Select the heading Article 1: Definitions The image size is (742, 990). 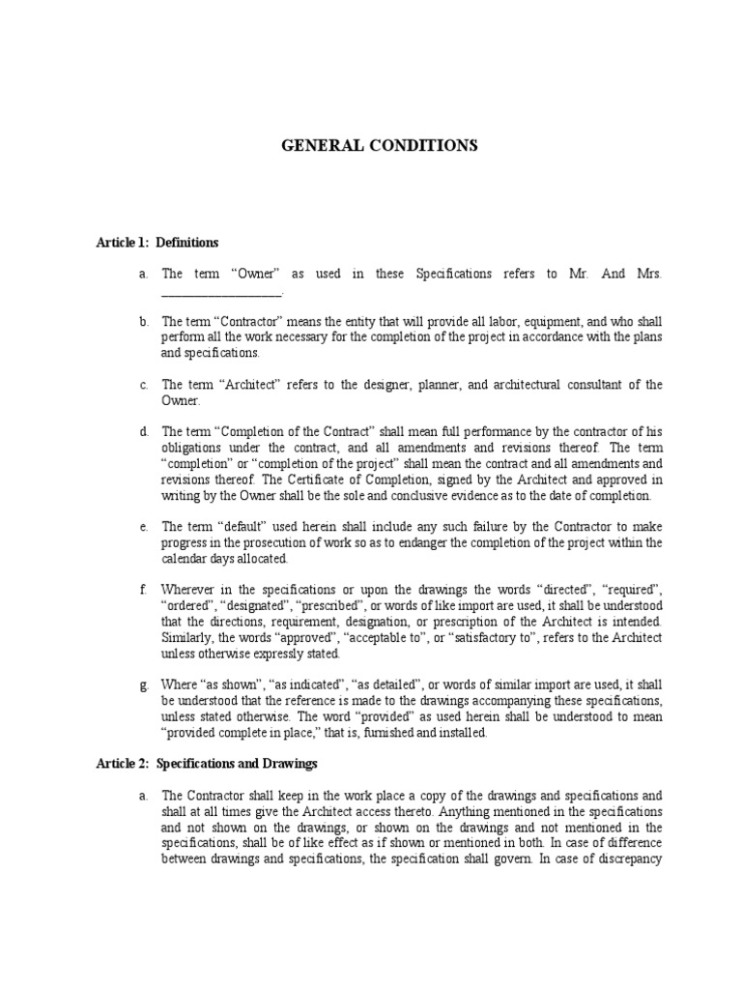[157, 242]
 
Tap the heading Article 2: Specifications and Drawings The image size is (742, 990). [207, 764]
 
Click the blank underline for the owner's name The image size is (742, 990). [221, 293]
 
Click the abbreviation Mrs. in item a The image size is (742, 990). [647, 275]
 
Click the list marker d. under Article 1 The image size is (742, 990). [143, 432]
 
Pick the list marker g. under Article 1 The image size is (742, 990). [143, 685]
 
